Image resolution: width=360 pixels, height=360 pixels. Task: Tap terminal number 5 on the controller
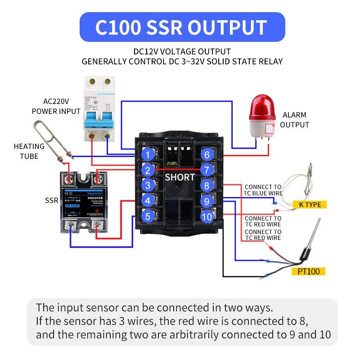(x=148, y=216)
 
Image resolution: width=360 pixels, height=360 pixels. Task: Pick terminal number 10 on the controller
(x=207, y=216)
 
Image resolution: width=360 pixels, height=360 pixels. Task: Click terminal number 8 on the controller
(x=207, y=185)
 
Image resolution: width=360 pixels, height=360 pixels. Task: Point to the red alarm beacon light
(x=260, y=117)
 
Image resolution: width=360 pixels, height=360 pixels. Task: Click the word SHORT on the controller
(x=180, y=177)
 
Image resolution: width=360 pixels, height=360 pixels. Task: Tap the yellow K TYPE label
(x=310, y=205)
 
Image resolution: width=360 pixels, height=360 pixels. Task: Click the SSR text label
(x=51, y=200)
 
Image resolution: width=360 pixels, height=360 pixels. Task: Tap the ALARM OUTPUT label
(x=294, y=120)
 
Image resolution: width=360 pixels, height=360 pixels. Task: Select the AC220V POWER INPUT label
(x=56, y=107)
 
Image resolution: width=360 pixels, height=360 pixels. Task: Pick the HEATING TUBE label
(x=29, y=151)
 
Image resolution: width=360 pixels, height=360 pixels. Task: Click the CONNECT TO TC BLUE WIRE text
(x=263, y=190)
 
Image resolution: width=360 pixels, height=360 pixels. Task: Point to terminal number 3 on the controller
(x=148, y=185)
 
